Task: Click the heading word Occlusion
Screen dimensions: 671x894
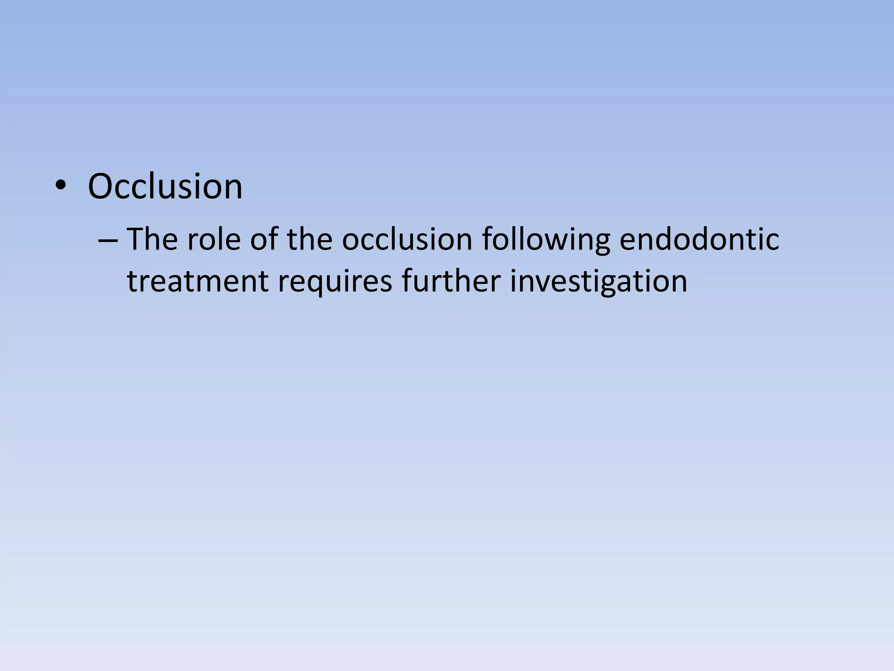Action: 165,187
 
